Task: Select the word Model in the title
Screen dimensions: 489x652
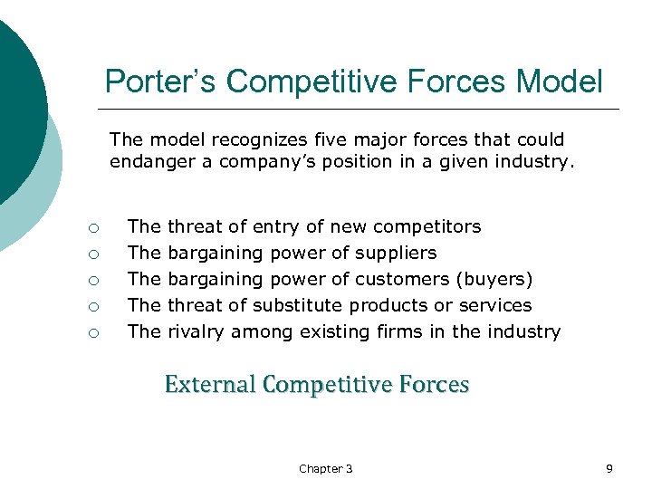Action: (559, 81)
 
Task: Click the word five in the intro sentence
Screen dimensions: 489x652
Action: (345, 140)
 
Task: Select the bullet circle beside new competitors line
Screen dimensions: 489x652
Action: (93, 227)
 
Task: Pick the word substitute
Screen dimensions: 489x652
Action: (298, 305)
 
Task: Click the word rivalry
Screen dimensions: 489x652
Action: (197, 331)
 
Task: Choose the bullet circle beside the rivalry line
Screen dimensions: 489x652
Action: (93, 332)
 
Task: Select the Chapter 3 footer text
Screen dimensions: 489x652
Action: (326, 468)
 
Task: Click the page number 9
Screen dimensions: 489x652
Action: (609, 468)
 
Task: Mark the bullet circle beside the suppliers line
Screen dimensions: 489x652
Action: (93, 254)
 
